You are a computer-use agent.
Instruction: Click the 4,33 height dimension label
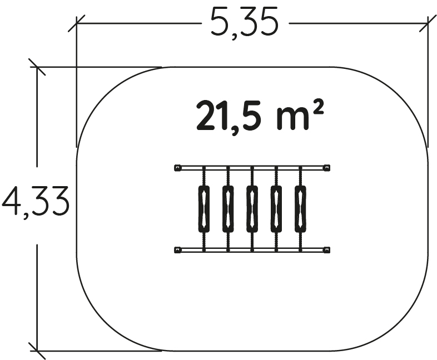(x=36, y=201)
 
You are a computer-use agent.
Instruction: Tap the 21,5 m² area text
(x=260, y=116)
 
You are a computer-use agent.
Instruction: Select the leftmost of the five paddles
(x=204, y=209)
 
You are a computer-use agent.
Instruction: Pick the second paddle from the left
(x=228, y=209)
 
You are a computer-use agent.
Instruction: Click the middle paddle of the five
(x=252, y=209)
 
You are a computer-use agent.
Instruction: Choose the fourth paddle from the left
(x=276, y=209)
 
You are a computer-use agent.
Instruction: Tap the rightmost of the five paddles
(x=300, y=209)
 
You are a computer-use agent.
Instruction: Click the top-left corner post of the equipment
(x=177, y=168)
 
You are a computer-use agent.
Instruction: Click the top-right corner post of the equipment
(x=326, y=168)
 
